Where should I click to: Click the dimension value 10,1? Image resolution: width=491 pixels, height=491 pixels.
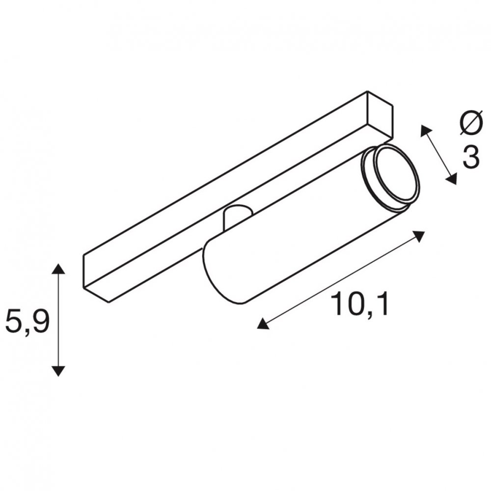(360, 304)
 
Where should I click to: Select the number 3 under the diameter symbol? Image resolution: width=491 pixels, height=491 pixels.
(471, 157)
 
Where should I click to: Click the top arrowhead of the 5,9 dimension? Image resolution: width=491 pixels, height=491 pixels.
(58, 269)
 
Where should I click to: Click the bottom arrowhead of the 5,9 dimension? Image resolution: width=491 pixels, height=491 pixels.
(58, 371)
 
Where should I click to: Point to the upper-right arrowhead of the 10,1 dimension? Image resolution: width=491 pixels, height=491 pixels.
(419, 236)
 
